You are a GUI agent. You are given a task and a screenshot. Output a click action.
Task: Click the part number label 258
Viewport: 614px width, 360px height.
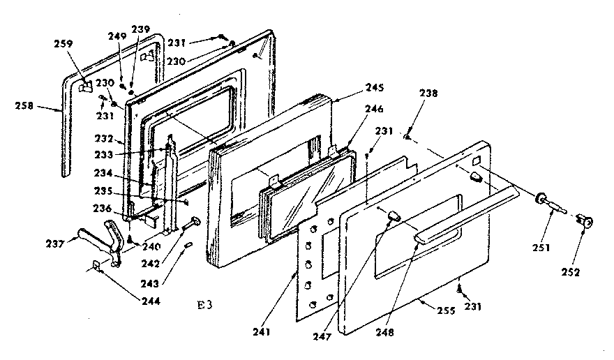[24, 106]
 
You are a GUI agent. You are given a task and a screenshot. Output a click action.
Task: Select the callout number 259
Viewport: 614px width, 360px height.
[63, 43]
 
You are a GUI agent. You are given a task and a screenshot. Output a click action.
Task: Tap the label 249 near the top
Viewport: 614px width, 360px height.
[117, 36]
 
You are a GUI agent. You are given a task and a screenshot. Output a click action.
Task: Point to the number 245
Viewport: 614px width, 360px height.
[374, 89]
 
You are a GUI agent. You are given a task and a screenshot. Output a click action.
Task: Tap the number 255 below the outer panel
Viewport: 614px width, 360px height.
[434, 304]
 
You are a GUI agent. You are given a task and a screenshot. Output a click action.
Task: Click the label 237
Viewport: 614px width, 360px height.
[54, 243]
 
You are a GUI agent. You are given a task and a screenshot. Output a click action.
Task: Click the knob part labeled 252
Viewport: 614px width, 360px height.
[587, 222]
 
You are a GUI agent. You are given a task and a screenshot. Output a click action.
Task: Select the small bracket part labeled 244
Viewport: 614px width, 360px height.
[98, 265]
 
